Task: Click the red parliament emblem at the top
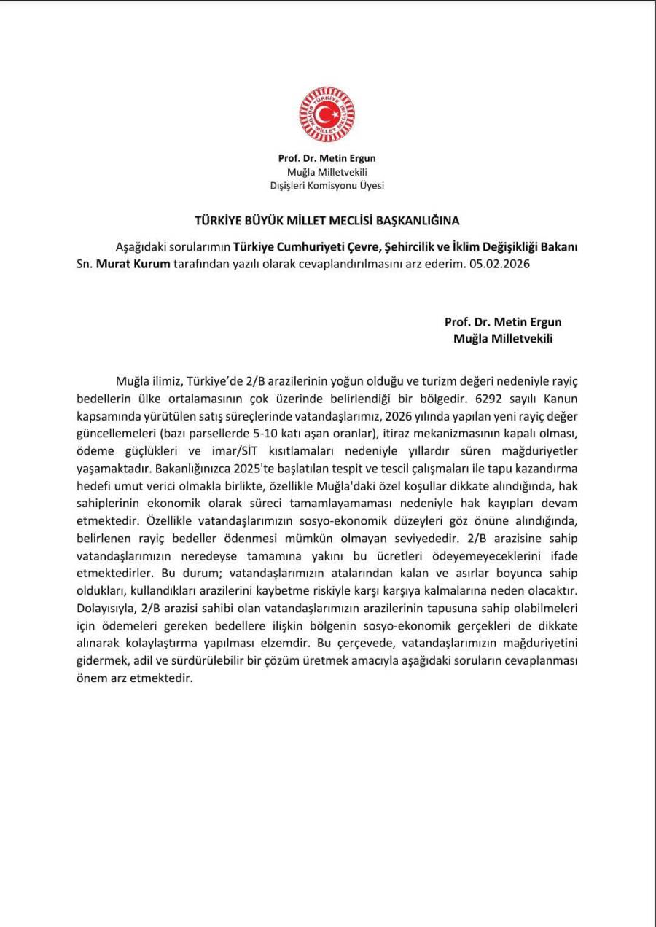coord(327,114)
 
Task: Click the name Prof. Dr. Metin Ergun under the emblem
coord(327,158)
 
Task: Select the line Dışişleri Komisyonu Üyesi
coord(327,185)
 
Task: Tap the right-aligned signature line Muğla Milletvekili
coord(503,338)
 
